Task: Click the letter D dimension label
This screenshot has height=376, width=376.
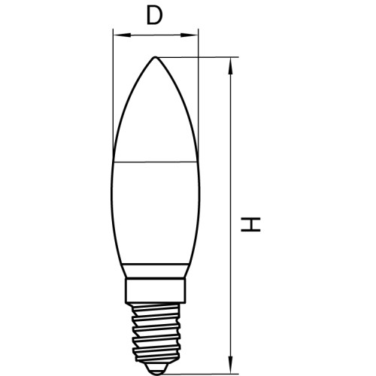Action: (x=154, y=15)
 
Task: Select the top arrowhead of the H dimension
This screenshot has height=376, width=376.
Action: (x=230, y=63)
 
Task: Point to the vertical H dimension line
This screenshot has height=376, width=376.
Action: (x=230, y=150)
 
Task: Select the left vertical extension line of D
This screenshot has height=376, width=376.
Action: (x=112, y=90)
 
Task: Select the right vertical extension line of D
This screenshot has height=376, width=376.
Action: (x=197, y=90)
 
